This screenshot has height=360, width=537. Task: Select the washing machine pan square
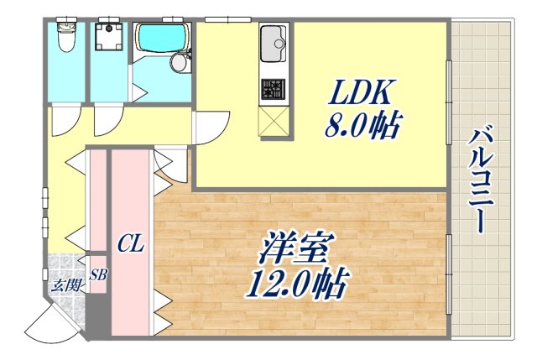(110, 39)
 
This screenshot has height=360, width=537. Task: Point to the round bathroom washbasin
(180, 62)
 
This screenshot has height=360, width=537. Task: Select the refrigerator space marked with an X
(274, 121)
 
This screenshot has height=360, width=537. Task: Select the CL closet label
(130, 245)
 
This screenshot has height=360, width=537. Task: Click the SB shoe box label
(98, 274)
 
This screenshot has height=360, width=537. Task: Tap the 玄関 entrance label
(66, 285)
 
